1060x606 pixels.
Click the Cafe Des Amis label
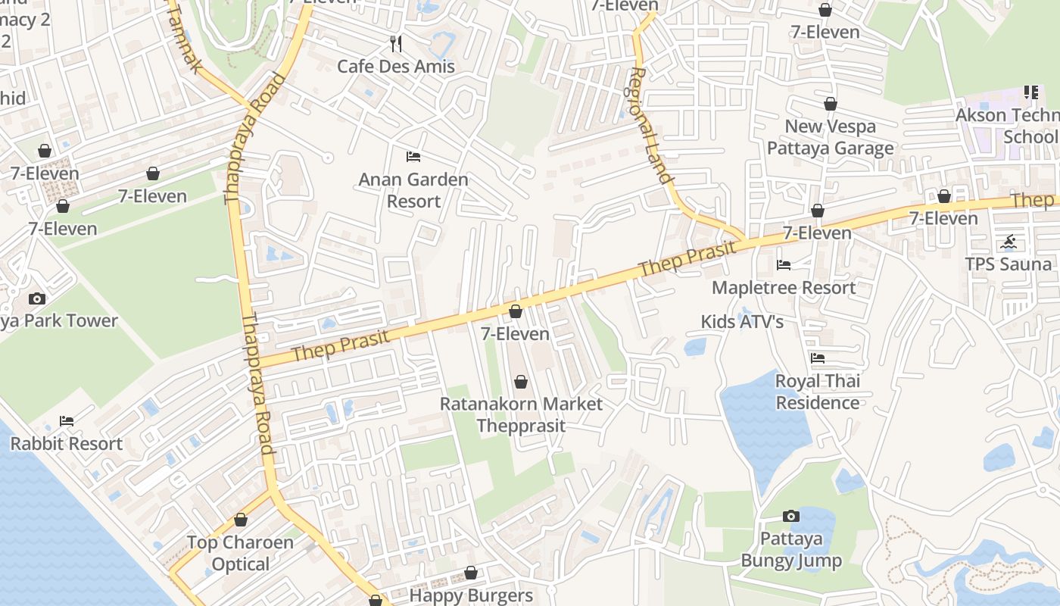[396, 66]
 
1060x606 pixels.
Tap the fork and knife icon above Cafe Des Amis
[396, 43]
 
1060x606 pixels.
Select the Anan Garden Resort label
[413, 190]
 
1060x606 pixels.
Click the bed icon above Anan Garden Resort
[413, 157]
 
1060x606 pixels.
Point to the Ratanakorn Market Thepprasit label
[521, 414]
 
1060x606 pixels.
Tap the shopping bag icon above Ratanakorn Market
[521, 381]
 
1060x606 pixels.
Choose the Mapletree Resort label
[784, 288]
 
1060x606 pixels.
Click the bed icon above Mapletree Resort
[784, 265]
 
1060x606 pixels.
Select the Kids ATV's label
[742, 322]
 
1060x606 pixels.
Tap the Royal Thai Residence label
[818, 392]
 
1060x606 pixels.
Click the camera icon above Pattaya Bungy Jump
[791, 517]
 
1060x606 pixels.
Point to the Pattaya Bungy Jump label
[791, 550]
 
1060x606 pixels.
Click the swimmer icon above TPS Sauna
[1009, 242]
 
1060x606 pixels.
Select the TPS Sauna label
[1009, 264]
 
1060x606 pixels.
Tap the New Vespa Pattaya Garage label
[831, 137]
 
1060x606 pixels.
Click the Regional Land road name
[650, 125]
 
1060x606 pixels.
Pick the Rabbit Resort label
[67, 444]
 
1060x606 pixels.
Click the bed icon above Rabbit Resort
[67, 421]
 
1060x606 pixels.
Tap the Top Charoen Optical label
[241, 553]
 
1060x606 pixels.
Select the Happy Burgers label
[471, 595]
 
